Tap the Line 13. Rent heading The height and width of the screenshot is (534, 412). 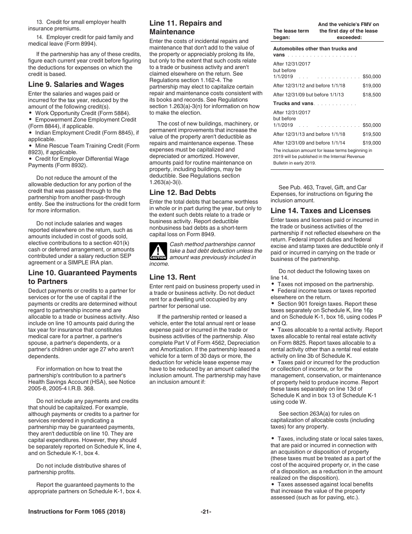(x=172, y=277)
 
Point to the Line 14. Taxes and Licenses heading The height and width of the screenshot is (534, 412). (x=320, y=211)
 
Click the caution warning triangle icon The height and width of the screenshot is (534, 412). (x=158, y=251)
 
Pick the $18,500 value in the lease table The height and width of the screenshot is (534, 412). (x=371, y=95)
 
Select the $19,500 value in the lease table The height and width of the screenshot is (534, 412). (x=371, y=134)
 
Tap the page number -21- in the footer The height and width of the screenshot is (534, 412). (x=206, y=512)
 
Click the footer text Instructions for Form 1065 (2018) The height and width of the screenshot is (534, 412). (x=77, y=512)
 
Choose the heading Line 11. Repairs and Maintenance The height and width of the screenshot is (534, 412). (x=185, y=27)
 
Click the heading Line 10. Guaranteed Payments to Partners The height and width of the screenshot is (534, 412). (x=82, y=277)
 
